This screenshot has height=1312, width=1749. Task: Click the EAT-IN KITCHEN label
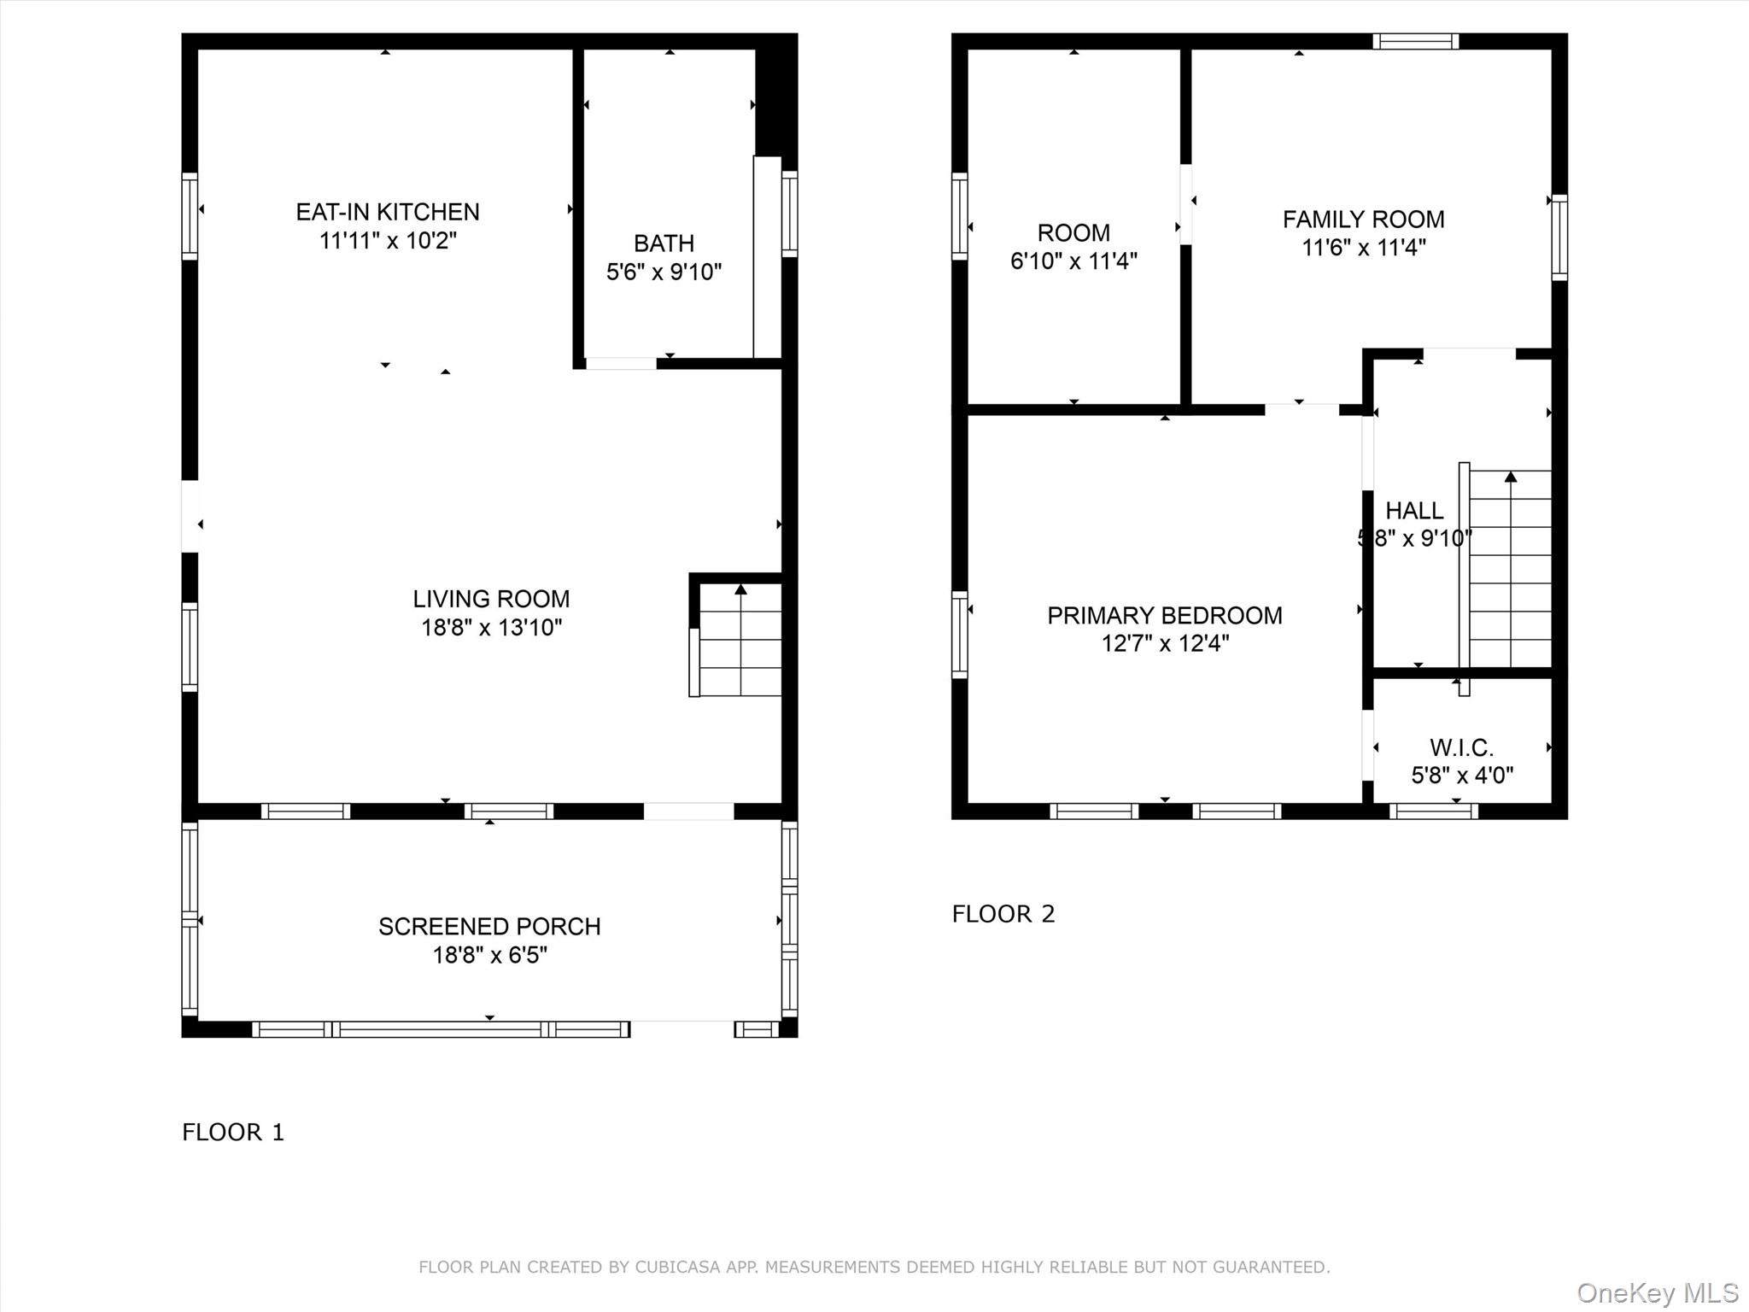[387, 212]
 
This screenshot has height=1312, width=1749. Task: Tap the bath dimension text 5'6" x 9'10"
[664, 272]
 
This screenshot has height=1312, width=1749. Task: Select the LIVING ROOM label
[491, 599]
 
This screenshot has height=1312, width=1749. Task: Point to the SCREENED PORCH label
[489, 927]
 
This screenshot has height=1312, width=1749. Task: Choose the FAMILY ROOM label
[1363, 220]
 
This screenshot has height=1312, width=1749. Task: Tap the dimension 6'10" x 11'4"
[1073, 261]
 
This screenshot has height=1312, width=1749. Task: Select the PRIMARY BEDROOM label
[1164, 616]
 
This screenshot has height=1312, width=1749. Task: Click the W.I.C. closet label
[1461, 748]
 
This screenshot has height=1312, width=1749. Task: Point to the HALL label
[1413, 511]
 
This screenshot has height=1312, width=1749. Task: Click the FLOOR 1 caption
[233, 1132]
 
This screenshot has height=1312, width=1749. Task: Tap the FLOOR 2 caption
[1003, 914]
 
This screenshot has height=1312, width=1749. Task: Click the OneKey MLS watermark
[1657, 1293]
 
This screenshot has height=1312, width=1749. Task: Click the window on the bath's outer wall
[790, 214]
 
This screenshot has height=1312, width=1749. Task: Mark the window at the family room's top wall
[1415, 41]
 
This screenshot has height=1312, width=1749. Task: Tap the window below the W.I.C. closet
[1433, 811]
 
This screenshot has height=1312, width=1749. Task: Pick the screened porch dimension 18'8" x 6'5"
[489, 955]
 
